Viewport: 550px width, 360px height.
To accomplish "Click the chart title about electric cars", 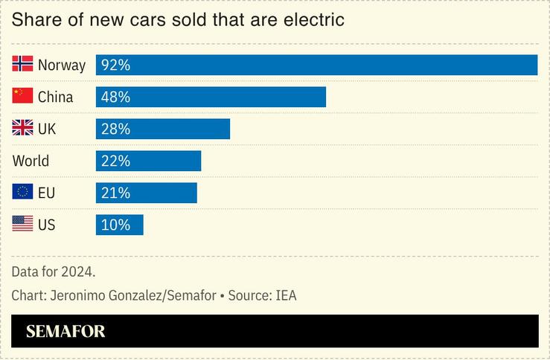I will click(178, 20).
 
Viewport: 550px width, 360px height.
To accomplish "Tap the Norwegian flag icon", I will click(22, 65).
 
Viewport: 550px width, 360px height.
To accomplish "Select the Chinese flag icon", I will click(22, 97).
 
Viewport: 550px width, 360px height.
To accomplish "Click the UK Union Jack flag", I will click(22, 129).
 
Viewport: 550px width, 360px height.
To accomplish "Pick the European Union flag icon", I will click(22, 193).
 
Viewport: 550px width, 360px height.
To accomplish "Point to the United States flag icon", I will click(22, 225).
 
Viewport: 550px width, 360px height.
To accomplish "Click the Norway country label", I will click(62, 65).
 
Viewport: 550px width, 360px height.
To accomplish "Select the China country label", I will click(55, 97).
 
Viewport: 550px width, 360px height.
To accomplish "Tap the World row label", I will click(31, 161).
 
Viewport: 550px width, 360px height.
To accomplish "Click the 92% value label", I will click(115, 65).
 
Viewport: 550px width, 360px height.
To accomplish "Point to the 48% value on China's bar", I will click(115, 97).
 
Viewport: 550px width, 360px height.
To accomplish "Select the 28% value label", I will click(115, 129).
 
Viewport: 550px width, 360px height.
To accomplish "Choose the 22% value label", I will click(115, 161).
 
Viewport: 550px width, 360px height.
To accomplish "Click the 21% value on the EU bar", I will click(115, 193).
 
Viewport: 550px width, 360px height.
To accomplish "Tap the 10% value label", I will click(115, 225).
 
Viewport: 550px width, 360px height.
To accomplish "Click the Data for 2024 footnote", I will click(54, 271).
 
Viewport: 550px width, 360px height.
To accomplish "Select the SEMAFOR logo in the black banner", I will click(65, 332).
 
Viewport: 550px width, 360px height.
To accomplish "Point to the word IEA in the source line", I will click(285, 295).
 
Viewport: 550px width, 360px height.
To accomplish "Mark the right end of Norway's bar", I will click(535, 65).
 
